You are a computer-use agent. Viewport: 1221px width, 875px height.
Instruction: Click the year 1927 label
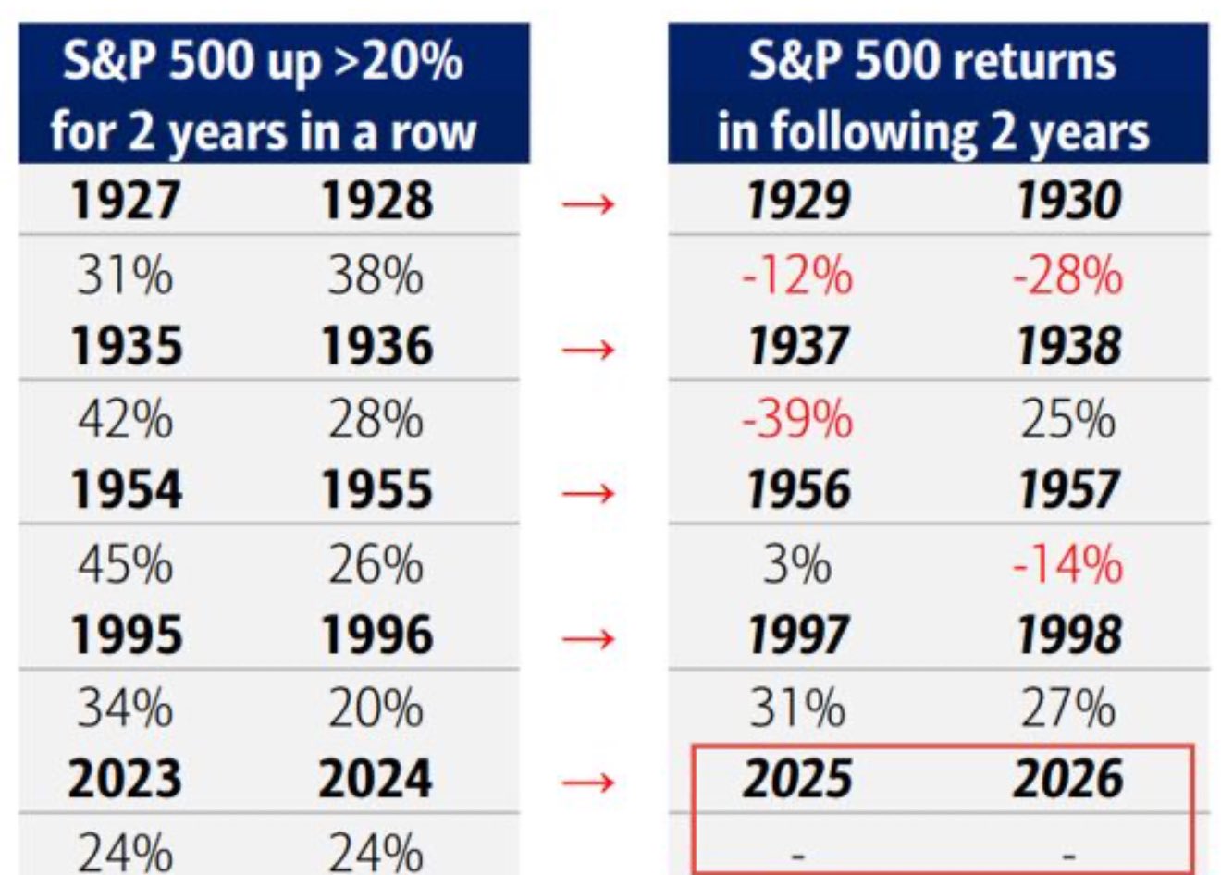click(125, 200)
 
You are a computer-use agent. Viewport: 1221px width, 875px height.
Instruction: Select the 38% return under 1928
click(376, 276)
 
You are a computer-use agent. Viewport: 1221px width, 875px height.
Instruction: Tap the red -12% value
click(797, 276)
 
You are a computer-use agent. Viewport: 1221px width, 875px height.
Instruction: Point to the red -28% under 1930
click(1067, 276)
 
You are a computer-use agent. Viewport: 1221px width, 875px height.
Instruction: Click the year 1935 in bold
click(127, 346)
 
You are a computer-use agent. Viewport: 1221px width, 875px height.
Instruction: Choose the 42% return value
click(125, 419)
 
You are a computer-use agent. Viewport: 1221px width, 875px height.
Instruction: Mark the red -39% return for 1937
click(797, 419)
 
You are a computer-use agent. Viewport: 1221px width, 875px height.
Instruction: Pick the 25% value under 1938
click(1067, 419)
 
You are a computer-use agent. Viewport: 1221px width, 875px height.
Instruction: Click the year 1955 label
click(377, 489)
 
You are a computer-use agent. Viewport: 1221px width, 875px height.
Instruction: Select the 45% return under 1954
click(125, 564)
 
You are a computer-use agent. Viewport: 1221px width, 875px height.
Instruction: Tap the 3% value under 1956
click(797, 564)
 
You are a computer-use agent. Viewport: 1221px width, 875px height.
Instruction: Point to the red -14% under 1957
click(1067, 564)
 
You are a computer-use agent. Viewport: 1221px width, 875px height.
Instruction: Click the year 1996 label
click(377, 635)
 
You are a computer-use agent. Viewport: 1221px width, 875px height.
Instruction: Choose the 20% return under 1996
click(376, 709)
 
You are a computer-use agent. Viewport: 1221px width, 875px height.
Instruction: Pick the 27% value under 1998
click(1067, 709)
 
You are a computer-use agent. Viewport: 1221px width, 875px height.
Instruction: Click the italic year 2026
click(1067, 779)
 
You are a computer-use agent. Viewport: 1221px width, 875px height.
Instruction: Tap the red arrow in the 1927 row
click(588, 204)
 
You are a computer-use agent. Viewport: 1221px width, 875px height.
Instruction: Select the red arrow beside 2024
click(588, 783)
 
